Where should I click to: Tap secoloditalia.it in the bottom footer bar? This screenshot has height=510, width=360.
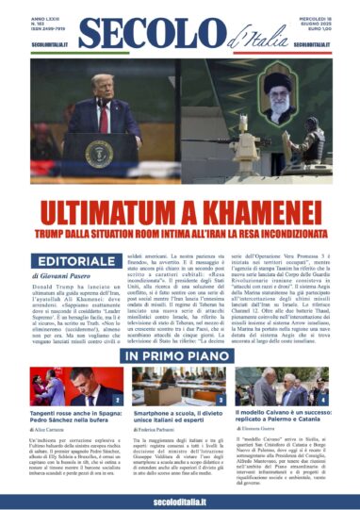point(180,499)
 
